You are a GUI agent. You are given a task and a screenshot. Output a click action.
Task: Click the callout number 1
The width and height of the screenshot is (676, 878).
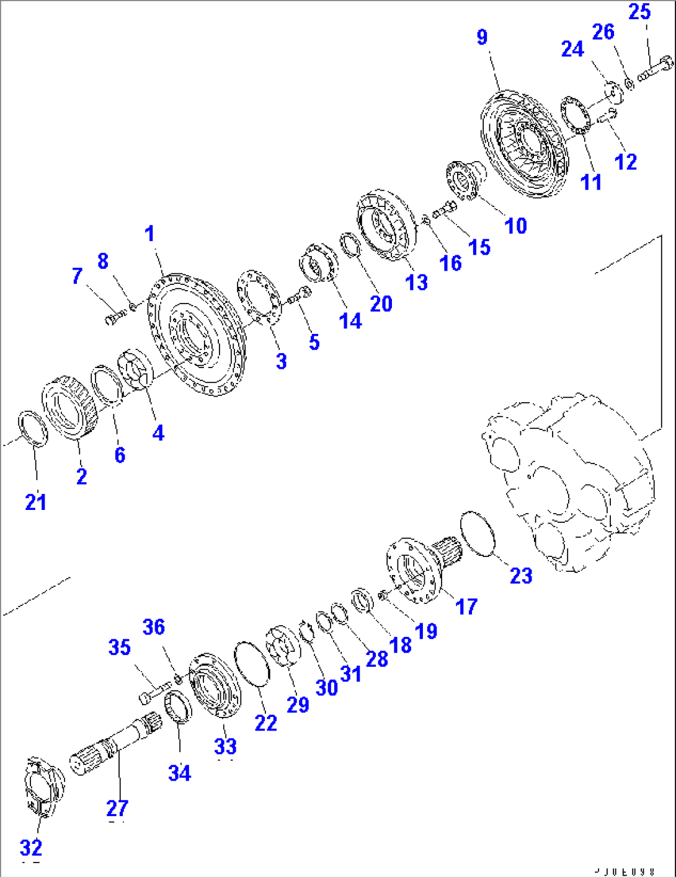pos(149,234)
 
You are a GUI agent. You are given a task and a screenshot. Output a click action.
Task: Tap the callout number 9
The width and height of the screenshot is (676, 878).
pos(483,37)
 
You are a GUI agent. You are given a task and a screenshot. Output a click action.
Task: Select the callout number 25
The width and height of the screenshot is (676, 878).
pos(639,12)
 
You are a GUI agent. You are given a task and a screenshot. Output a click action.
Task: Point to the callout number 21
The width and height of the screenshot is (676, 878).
pos(35,502)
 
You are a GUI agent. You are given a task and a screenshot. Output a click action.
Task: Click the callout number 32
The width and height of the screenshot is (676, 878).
pos(31,847)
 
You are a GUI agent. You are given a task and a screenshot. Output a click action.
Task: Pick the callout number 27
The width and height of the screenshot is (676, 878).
pos(117,808)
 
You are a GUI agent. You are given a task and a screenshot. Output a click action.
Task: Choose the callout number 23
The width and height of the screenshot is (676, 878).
pos(521,575)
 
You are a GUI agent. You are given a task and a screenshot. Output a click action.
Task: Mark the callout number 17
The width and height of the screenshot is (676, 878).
pos(466,606)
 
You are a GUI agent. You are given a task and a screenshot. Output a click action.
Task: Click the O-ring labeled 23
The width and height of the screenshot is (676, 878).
pos(477,533)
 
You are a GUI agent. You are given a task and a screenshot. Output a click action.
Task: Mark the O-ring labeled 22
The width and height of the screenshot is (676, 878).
pos(251,664)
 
